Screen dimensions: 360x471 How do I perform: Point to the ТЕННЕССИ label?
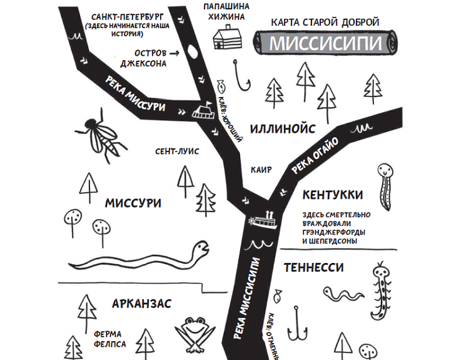(x=313, y=267)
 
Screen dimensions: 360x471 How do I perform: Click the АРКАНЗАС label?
(x=142, y=304)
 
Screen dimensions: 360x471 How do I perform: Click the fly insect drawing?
(x=100, y=133)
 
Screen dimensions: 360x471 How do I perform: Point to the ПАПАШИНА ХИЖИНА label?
(x=226, y=11)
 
